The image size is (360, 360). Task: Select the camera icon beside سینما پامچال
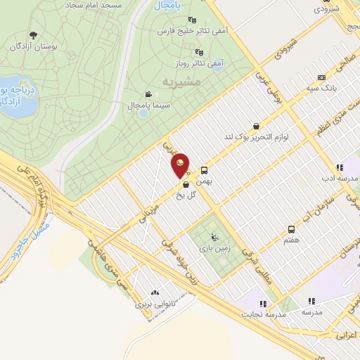pos(148,94)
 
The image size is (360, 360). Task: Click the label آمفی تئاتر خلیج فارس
pos(167,32)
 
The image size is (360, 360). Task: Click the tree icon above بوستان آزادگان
pos(33,35)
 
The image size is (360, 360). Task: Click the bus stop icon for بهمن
pos(205,170)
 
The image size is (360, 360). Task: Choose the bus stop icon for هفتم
pos(291,229)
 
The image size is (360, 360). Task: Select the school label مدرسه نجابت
pos(266,314)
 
